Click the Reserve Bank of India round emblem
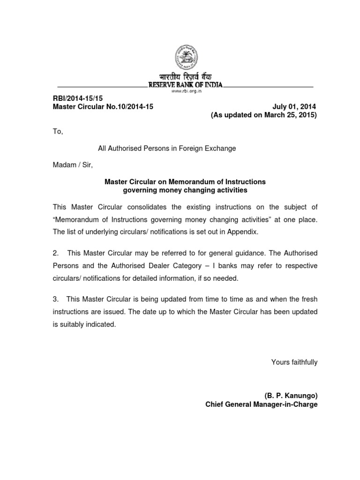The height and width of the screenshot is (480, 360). [186, 57]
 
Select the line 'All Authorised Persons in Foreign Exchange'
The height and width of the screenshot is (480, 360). [167, 148]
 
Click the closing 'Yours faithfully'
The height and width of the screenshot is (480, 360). [294, 362]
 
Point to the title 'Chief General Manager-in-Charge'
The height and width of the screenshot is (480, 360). [261, 404]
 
